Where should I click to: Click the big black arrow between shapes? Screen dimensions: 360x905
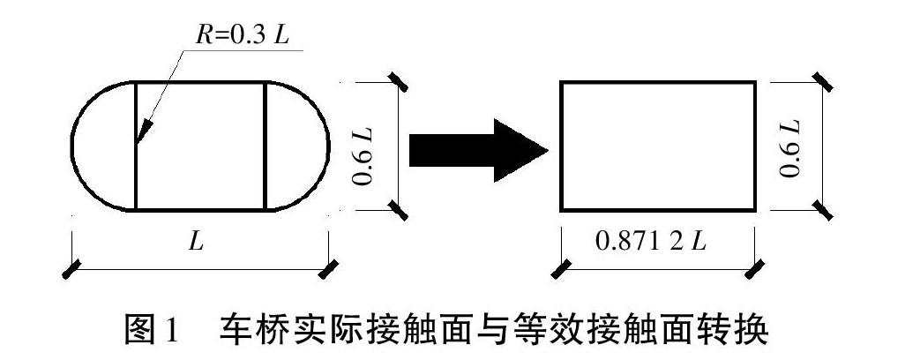coord(476,146)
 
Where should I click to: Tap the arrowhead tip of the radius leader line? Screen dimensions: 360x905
coord(138,142)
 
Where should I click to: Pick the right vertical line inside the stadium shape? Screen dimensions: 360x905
coord(266,146)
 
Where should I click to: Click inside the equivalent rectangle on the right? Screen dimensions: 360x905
coord(657,146)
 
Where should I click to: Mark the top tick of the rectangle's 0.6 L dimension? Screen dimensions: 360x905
coord(822,82)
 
